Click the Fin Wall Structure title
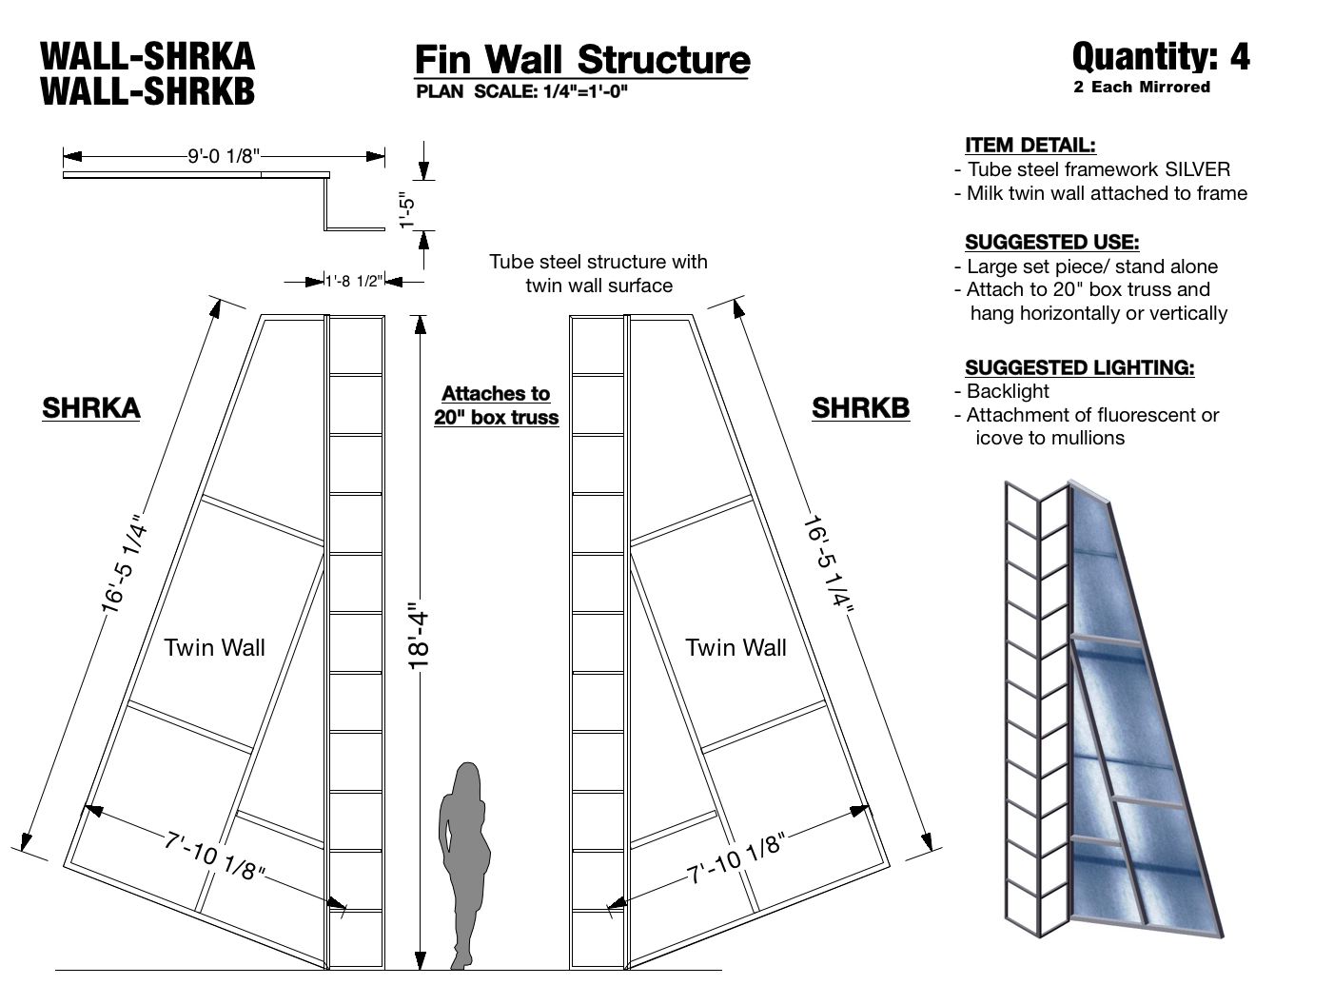pos(581,59)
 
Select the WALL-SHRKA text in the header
pos(147,56)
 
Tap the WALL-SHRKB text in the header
pos(147,91)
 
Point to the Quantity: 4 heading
pos(1161,57)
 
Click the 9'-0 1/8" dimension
pos(224,156)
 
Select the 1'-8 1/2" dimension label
pos(354,281)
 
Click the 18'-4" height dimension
pos(420,635)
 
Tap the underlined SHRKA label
pos(91,408)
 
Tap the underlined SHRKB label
pos(860,408)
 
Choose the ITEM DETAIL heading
pos(1030,146)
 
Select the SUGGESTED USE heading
pos(1051,242)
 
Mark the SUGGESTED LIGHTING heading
pos(1079,367)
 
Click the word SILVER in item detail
pos(1194,169)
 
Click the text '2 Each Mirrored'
pos(1142,88)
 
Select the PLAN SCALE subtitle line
pos(522,91)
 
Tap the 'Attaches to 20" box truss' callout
pos(496,405)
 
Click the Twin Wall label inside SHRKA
pos(214,648)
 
